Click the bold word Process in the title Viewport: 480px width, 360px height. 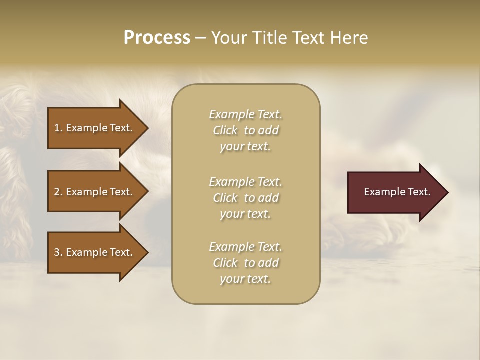click(x=157, y=38)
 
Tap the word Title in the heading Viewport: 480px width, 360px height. click(x=270, y=38)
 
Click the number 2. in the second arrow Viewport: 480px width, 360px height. click(x=58, y=192)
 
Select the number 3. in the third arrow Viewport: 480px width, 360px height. click(x=58, y=252)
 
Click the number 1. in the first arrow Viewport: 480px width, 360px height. click(x=58, y=128)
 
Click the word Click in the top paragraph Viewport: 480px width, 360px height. click(x=225, y=131)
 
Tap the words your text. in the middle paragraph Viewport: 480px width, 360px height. click(x=245, y=214)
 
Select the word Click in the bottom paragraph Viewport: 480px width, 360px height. click(x=225, y=263)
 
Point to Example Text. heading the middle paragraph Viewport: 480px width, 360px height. click(x=245, y=182)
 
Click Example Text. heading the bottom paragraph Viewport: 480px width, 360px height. click(x=245, y=247)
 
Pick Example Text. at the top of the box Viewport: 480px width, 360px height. click(x=245, y=114)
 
